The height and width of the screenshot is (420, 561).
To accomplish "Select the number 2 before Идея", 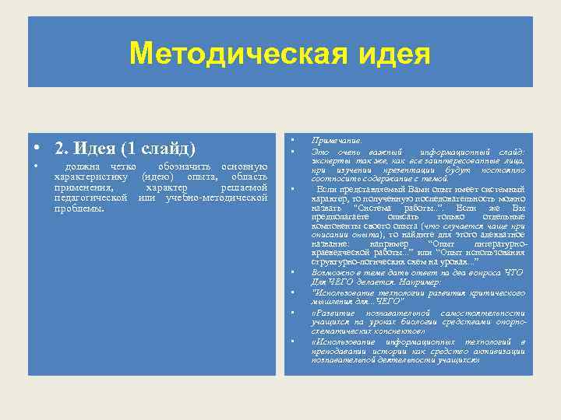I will (58, 149).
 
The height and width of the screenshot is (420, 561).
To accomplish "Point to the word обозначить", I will (184, 167).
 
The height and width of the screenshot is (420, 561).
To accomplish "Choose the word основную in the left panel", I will (245, 167).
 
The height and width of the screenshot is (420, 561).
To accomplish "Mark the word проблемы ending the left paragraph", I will (79, 208).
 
